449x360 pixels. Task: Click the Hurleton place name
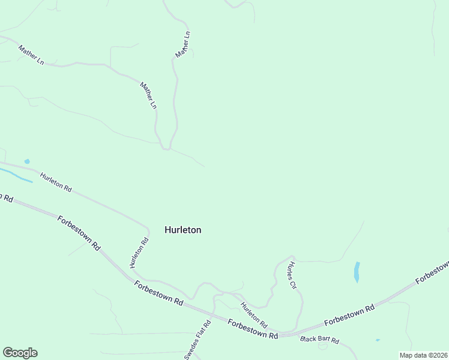pos(182,230)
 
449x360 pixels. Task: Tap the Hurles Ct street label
pos(292,275)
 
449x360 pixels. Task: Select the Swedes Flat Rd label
pos(197,340)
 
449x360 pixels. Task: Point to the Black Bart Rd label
pos(320,341)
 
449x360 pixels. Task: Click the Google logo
pos(20,353)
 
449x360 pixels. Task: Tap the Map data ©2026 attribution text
pos(423,355)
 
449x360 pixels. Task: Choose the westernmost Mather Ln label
pos(31,55)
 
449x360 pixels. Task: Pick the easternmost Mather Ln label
pos(182,44)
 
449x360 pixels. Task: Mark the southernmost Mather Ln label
pos(148,95)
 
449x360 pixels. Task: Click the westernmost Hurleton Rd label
pos(56,182)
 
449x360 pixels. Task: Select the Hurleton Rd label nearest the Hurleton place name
pos(138,253)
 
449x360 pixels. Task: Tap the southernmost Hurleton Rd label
pos(254,313)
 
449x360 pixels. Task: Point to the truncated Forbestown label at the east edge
pos(432,272)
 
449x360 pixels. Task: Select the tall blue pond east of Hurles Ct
pos(357,272)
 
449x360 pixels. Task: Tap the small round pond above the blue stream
pos(26,161)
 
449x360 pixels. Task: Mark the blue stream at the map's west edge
pos(15,175)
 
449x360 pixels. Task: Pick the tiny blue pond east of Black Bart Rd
pos(378,340)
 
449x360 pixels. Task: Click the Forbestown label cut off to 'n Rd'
pos(6,197)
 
